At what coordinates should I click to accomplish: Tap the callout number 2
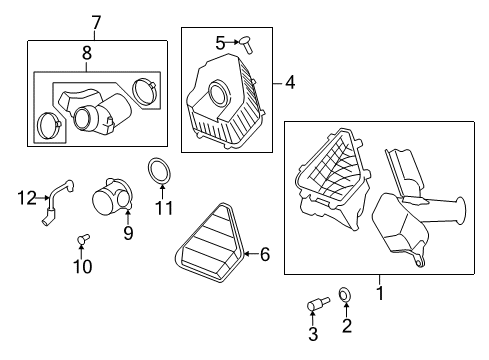tap(346, 326)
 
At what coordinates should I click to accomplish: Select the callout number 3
tap(312, 333)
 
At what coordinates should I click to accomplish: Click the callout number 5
tap(220, 42)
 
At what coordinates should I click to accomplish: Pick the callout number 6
tap(265, 255)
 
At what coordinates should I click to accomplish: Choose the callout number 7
tap(96, 22)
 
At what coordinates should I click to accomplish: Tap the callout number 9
tap(128, 233)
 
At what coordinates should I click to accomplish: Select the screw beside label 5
tap(244, 42)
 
